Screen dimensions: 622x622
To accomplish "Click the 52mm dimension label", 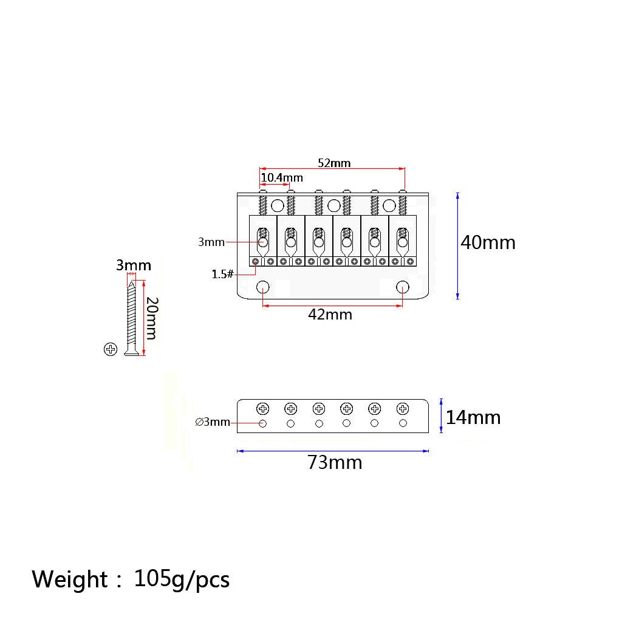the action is coord(334,163).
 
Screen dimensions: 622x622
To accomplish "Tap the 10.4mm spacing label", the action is coord(282,178).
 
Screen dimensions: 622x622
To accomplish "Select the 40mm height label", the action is coord(488,242).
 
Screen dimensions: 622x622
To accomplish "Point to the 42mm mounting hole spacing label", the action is coord(330,315).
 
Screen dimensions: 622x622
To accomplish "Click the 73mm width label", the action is coord(335,462).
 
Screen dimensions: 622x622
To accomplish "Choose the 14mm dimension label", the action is coord(473,418).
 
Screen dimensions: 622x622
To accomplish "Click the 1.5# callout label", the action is coord(222,274).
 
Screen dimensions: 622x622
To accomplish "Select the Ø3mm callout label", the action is coord(213,422).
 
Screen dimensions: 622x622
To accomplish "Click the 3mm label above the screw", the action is coord(134,265).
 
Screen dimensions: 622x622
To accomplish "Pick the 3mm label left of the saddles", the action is coord(211,242).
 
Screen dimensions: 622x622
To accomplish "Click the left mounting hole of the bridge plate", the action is coord(262,287).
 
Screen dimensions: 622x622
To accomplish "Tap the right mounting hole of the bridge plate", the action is coord(403,287).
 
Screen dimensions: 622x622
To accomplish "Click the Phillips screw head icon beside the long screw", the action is coord(111,349).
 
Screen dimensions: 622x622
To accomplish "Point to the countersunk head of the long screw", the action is coord(131,353).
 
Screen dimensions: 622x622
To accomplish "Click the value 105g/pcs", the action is coord(182,579).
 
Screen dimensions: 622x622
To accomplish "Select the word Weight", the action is coord(69,579).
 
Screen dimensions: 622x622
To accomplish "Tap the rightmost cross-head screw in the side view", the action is coord(403,409).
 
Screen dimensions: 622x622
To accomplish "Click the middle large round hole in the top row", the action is coord(334,206).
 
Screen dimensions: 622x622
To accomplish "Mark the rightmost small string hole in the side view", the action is coord(403,423).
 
